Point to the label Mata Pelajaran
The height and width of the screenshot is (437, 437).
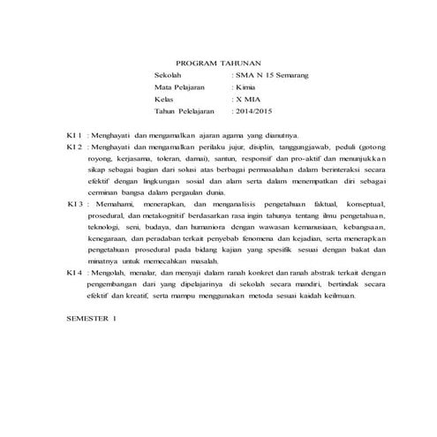[x=179, y=90]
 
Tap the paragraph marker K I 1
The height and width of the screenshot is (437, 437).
[x=74, y=134]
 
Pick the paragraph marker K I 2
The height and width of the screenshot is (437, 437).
[x=74, y=147]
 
